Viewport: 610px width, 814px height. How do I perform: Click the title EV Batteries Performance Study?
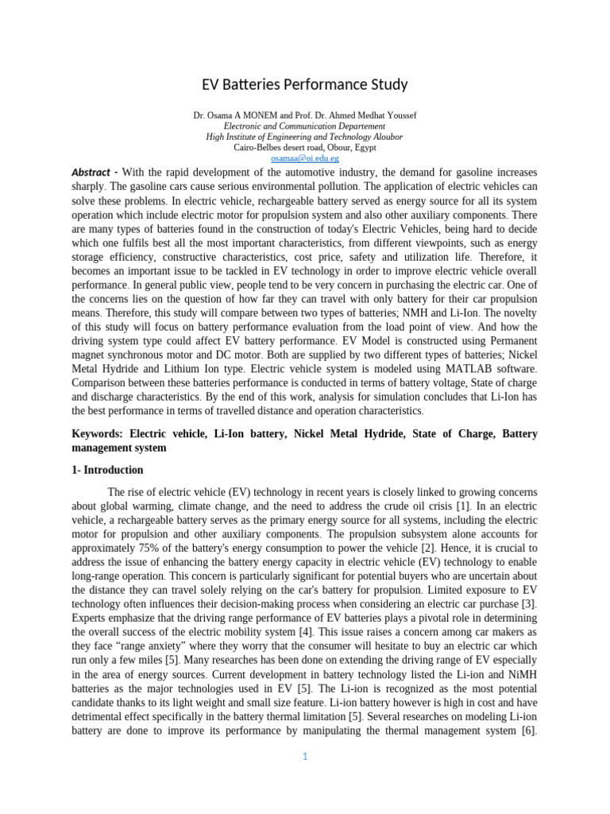[304, 84]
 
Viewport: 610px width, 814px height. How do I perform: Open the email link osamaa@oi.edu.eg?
[304, 158]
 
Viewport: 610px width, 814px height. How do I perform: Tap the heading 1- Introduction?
[107, 470]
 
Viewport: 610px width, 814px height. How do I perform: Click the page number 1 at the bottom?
[304, 756]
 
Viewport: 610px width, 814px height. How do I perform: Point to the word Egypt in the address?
[364, 147]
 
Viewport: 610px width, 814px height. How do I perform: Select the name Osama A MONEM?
[243, 115]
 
